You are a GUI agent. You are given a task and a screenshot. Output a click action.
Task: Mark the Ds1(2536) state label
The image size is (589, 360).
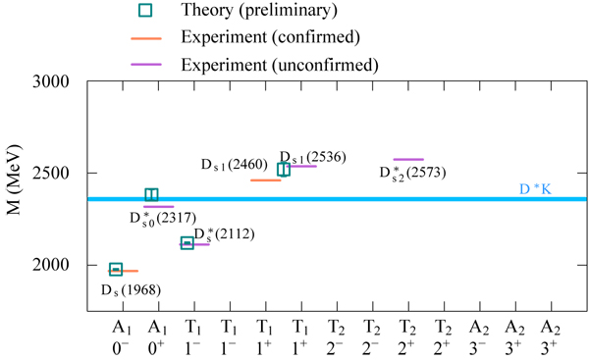312,157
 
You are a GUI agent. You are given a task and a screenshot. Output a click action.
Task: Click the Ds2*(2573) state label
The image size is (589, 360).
411,175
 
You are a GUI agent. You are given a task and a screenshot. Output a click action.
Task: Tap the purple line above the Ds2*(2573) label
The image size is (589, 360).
408,159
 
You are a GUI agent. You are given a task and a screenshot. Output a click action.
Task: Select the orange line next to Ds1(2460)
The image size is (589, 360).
265,180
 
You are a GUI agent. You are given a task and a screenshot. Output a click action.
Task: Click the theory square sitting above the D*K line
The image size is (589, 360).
152,195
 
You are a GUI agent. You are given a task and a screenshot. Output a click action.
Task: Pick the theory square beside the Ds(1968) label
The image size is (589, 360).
116,269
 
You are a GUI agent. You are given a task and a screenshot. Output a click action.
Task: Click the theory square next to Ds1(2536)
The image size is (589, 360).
284,169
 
